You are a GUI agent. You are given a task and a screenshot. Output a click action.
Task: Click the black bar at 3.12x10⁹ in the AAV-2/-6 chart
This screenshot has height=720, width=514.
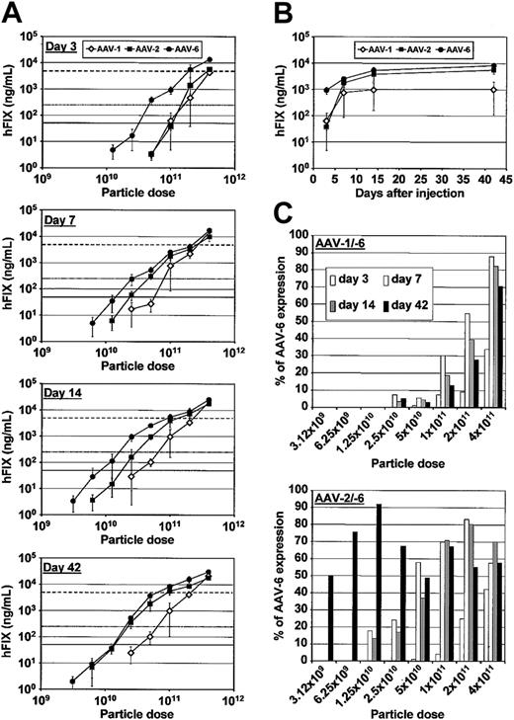[329, 609]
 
